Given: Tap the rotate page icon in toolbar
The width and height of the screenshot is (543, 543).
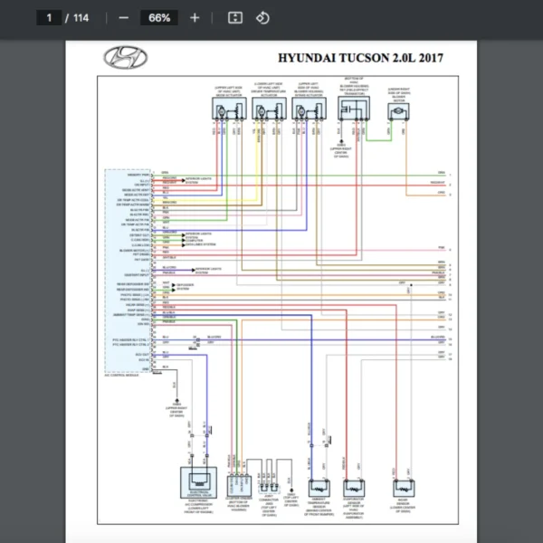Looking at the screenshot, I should (262, 17).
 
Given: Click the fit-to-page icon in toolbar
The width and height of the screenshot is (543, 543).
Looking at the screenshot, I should (234, 17).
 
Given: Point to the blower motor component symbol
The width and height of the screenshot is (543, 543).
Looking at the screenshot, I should (397, 110).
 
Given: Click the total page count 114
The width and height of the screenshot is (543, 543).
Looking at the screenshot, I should (81, 17).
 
